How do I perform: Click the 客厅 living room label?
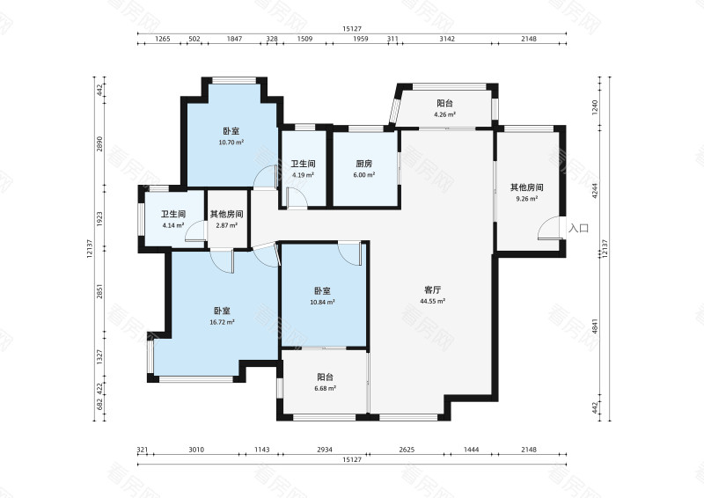click(433, 290)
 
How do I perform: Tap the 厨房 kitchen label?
click(364, 164)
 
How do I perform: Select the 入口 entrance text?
click(579, 228)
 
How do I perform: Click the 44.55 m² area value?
click(433, 301)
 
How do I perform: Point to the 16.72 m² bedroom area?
click(223, 322)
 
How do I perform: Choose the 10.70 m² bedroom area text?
click(231, 143)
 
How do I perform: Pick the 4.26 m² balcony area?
click(445, 114)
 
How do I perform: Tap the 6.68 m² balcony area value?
click(326, 388)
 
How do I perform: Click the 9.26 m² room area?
click(526, 199)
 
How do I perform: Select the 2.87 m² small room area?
click(227, 225)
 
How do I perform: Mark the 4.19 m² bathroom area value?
click(303, 175)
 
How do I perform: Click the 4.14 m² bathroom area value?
click(173, 225)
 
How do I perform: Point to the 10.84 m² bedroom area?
click(322, 302)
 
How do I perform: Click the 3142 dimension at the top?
click(447, 39)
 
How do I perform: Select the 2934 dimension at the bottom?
click(325, 449)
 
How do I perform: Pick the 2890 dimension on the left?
click(99, 143)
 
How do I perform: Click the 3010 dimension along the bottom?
click(196, 449)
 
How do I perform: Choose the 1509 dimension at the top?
click(304, 39)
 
